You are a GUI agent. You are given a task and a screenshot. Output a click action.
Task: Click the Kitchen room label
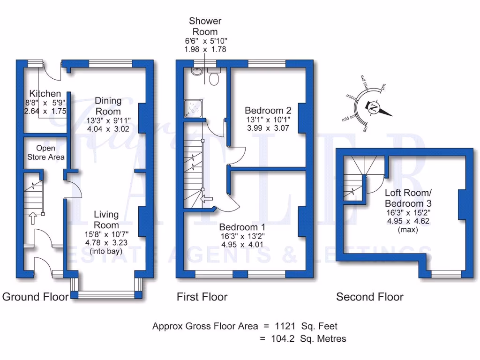45,93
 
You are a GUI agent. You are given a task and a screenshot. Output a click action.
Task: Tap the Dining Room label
108,106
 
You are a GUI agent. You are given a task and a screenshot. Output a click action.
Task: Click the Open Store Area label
45,153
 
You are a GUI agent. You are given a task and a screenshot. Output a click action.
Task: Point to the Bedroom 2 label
268,111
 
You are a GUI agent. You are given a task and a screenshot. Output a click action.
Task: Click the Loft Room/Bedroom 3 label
408,198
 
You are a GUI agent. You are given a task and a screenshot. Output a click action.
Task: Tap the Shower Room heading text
205,26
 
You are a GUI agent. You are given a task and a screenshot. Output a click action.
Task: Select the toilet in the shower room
214,77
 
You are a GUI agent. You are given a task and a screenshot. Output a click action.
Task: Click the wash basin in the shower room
195,72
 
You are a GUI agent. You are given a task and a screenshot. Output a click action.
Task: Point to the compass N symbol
374,108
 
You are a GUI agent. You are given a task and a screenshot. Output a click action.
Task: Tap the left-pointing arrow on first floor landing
205,200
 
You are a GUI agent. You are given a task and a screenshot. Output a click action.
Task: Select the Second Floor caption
369,297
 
